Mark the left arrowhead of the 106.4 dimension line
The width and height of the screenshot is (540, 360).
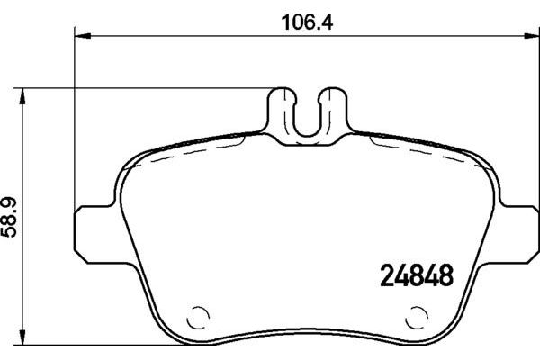pos(79,37)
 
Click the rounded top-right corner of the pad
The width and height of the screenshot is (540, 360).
pos(490,166)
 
